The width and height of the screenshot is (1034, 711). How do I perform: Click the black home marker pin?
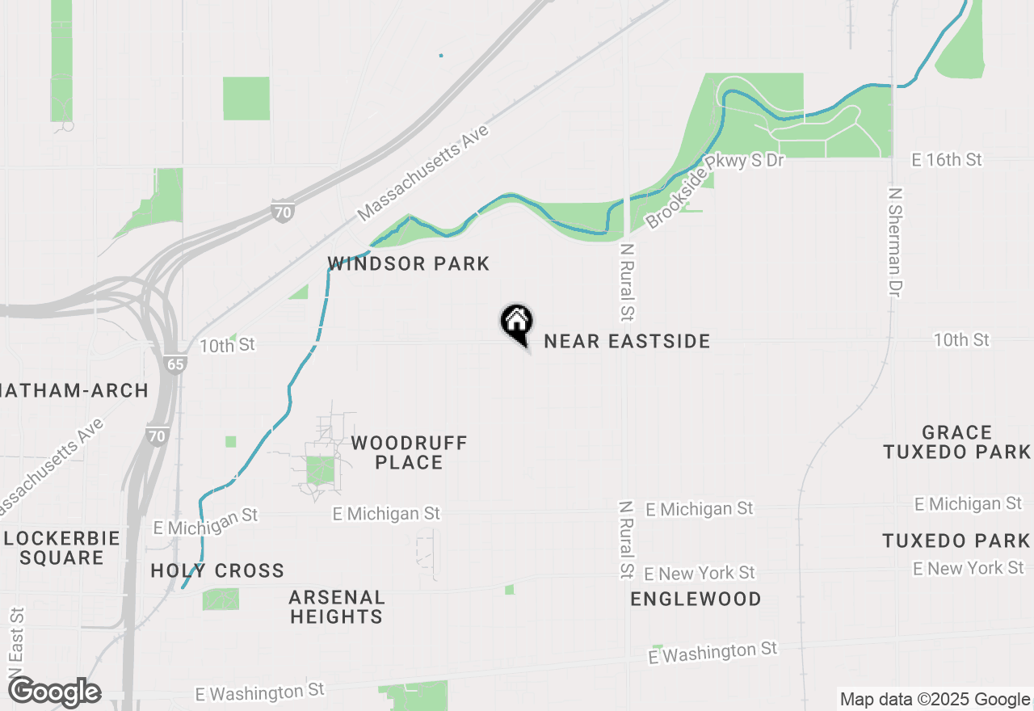516,323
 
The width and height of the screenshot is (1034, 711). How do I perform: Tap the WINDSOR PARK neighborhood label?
408,264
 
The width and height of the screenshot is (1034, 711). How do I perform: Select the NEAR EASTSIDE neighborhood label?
627,342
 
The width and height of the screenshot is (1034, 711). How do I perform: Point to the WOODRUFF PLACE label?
409,452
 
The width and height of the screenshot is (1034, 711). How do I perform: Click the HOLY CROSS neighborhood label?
217,571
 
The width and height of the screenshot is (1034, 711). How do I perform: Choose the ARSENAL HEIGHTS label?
336,607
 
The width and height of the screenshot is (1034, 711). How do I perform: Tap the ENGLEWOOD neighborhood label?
696,599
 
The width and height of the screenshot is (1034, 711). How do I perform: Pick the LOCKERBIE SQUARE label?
61,548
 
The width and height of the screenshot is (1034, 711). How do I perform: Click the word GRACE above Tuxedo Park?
956,432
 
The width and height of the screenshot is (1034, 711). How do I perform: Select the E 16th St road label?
946,160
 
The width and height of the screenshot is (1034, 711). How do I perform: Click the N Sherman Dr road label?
894,242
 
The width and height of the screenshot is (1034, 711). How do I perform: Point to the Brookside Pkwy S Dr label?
714,191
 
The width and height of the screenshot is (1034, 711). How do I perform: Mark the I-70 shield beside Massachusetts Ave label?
281,212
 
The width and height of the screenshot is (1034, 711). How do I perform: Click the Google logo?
54,692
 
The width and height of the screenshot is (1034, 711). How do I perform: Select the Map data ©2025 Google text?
934,700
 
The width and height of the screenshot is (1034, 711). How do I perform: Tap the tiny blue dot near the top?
440,56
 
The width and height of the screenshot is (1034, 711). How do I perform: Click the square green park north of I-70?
246,99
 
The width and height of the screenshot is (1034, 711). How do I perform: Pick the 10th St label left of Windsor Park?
227,345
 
